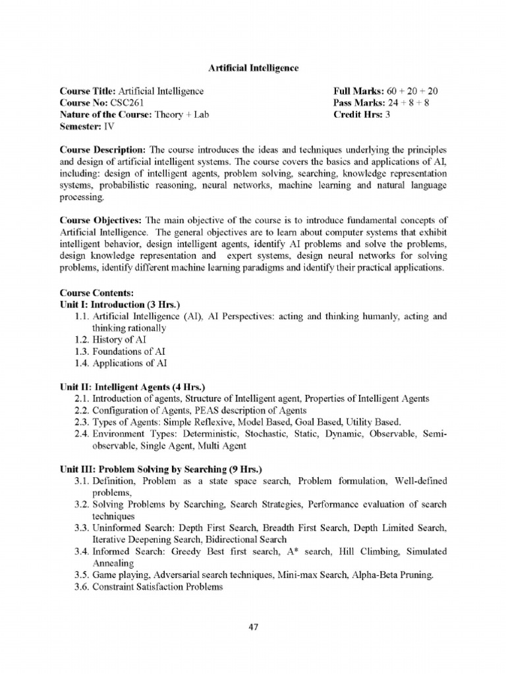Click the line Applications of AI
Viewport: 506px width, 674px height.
[130, 363]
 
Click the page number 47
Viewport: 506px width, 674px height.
[253, 627]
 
